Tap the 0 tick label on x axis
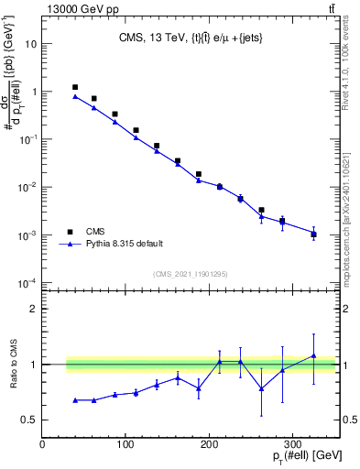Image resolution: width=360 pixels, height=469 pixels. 43,444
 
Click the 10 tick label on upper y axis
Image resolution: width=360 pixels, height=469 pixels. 31,44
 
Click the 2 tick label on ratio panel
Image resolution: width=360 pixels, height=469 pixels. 34,309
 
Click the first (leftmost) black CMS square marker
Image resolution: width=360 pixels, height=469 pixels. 75,87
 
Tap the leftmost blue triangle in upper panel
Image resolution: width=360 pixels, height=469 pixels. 75,96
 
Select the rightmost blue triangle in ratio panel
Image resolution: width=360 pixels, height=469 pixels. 313,355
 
